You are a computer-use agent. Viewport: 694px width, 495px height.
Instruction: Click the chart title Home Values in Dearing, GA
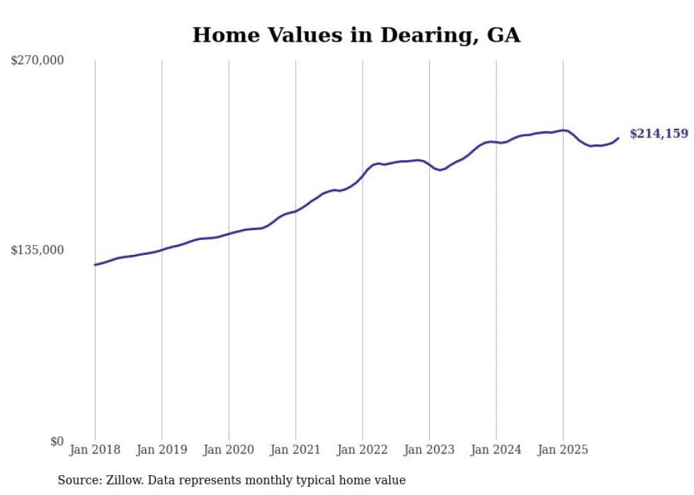pos(356,35)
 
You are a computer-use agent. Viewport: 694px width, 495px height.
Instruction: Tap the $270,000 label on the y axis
pos(37,60)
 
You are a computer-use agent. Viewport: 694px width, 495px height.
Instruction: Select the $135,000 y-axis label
pos(37,250)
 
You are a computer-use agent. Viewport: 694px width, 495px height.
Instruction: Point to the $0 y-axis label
pos(57,441)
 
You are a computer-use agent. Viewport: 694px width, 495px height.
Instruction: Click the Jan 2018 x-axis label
pos(95,450)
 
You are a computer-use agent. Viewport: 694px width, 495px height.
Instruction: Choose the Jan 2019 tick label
pos(161,450)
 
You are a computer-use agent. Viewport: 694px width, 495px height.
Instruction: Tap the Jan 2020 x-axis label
pos(229,450)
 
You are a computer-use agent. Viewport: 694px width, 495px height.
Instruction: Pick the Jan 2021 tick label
pos(295,450)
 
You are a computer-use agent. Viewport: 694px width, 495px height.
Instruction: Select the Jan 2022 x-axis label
pos(363,450)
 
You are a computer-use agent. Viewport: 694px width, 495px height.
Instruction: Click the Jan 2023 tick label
pos(429,450)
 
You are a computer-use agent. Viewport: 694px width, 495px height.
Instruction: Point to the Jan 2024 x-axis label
pos(496,450)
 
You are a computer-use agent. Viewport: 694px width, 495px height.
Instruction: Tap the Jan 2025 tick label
pos(563,450)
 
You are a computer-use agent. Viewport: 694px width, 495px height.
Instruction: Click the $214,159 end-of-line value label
pos(659,133)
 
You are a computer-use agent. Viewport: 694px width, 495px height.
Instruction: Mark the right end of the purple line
pos(618,138)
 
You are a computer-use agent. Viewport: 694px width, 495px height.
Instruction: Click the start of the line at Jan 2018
pos(95,265)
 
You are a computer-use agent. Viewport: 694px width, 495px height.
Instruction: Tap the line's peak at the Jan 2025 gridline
pos(563,130)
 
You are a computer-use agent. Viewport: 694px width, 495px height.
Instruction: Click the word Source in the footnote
pos(76,480)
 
